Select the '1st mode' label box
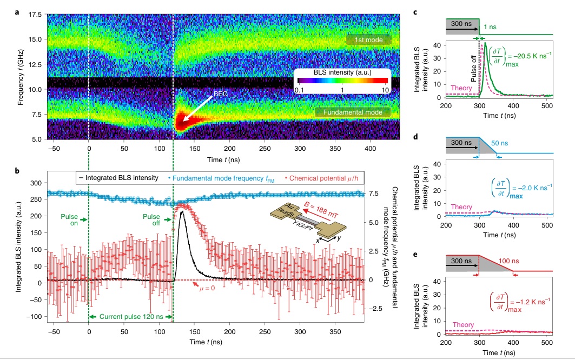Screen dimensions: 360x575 pos(366,40)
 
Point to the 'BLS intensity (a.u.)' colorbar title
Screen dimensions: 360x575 pos(341,72)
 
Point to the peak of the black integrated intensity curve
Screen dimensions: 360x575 pos(182,212)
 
